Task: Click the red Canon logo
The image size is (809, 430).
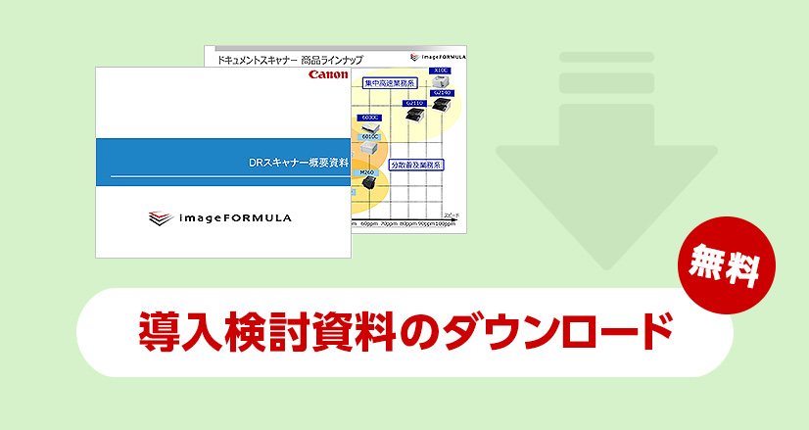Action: pos(328,74)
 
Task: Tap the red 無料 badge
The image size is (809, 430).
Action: pos(726,262)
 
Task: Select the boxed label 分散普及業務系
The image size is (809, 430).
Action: pos(416,166)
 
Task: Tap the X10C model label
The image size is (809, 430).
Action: pos(441,71)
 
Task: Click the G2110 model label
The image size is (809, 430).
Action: pos(413,102)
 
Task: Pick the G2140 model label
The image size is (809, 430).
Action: pos(443,92)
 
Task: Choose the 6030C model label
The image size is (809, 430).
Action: pos(369,117)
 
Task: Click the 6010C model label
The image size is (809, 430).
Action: pos(369,137)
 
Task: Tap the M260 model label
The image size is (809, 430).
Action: pos(367,172)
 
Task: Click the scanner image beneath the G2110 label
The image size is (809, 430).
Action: pos(413,116)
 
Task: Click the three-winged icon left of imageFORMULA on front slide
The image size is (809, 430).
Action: pos(161,218)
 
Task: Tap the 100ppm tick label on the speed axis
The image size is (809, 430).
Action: pos(445,224)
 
